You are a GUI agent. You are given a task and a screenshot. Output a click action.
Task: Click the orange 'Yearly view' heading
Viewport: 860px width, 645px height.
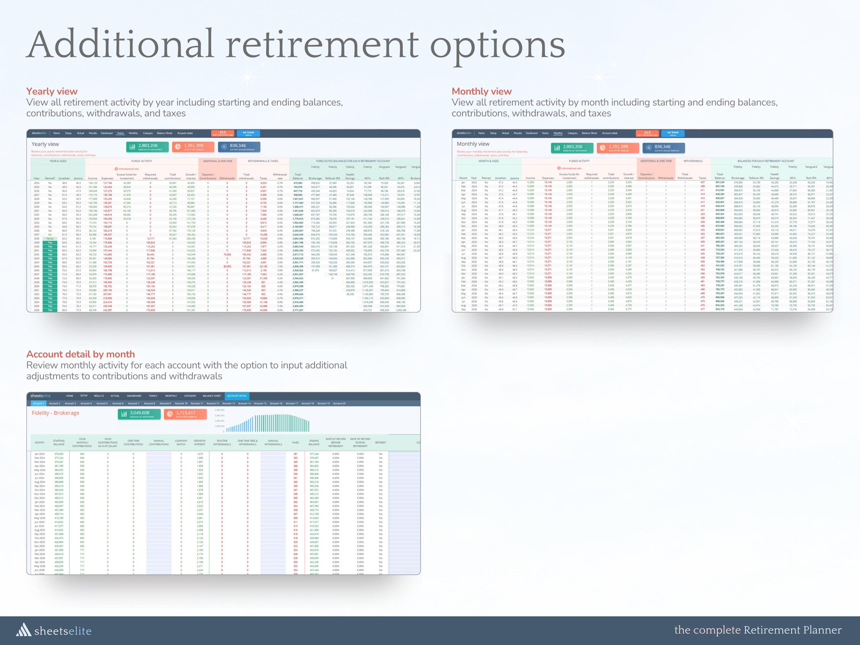pyautogui.click(x=52, y=91)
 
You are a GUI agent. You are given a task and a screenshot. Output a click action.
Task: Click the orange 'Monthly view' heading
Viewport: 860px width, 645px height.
pyautogui.click(x=481, y=91)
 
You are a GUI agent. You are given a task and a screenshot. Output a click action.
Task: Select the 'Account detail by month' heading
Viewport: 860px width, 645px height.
pyautogui.click(x=81, y=354)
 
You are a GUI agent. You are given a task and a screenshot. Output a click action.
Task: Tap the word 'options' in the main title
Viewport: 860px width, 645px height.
pyautogui.click(x=497, y=46)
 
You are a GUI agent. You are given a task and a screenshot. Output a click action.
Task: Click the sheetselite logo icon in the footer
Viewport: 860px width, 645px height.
pyautogui.click(x=23, y=630)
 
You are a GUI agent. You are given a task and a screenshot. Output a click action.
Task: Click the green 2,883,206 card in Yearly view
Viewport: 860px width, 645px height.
pyautogui.click(x=147, y=147)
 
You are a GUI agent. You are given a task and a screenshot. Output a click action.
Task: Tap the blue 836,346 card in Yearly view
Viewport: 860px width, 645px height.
pyautogui.click(x=239, y=147)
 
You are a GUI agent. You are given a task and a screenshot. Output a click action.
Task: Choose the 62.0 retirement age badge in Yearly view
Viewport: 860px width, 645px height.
pyautogui.click(x=223, y=133)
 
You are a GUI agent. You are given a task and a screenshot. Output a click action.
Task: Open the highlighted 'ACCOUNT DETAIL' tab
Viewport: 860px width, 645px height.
pyautogui.click(x=237, y=396)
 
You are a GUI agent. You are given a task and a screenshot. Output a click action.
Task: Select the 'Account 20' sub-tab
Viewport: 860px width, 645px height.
pyautogui.click(x=339, y=404)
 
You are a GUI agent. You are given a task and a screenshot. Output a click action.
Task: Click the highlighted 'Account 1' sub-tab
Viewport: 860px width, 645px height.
pyautogui.click(x=38, y=404)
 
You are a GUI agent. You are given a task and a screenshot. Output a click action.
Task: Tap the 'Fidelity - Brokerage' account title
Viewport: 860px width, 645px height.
pyautogui.click(x=55, y=413)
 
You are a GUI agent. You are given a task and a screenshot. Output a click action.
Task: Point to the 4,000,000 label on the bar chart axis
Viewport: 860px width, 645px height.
pyautogui.click(x=220, y=410)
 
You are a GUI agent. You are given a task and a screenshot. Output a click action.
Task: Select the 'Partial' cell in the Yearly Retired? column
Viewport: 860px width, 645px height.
pyautogui.click(x=50, y=239)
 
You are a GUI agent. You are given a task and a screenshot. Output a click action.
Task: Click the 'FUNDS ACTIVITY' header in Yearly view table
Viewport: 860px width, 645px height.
pyautogui.click(x=142, y=161)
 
